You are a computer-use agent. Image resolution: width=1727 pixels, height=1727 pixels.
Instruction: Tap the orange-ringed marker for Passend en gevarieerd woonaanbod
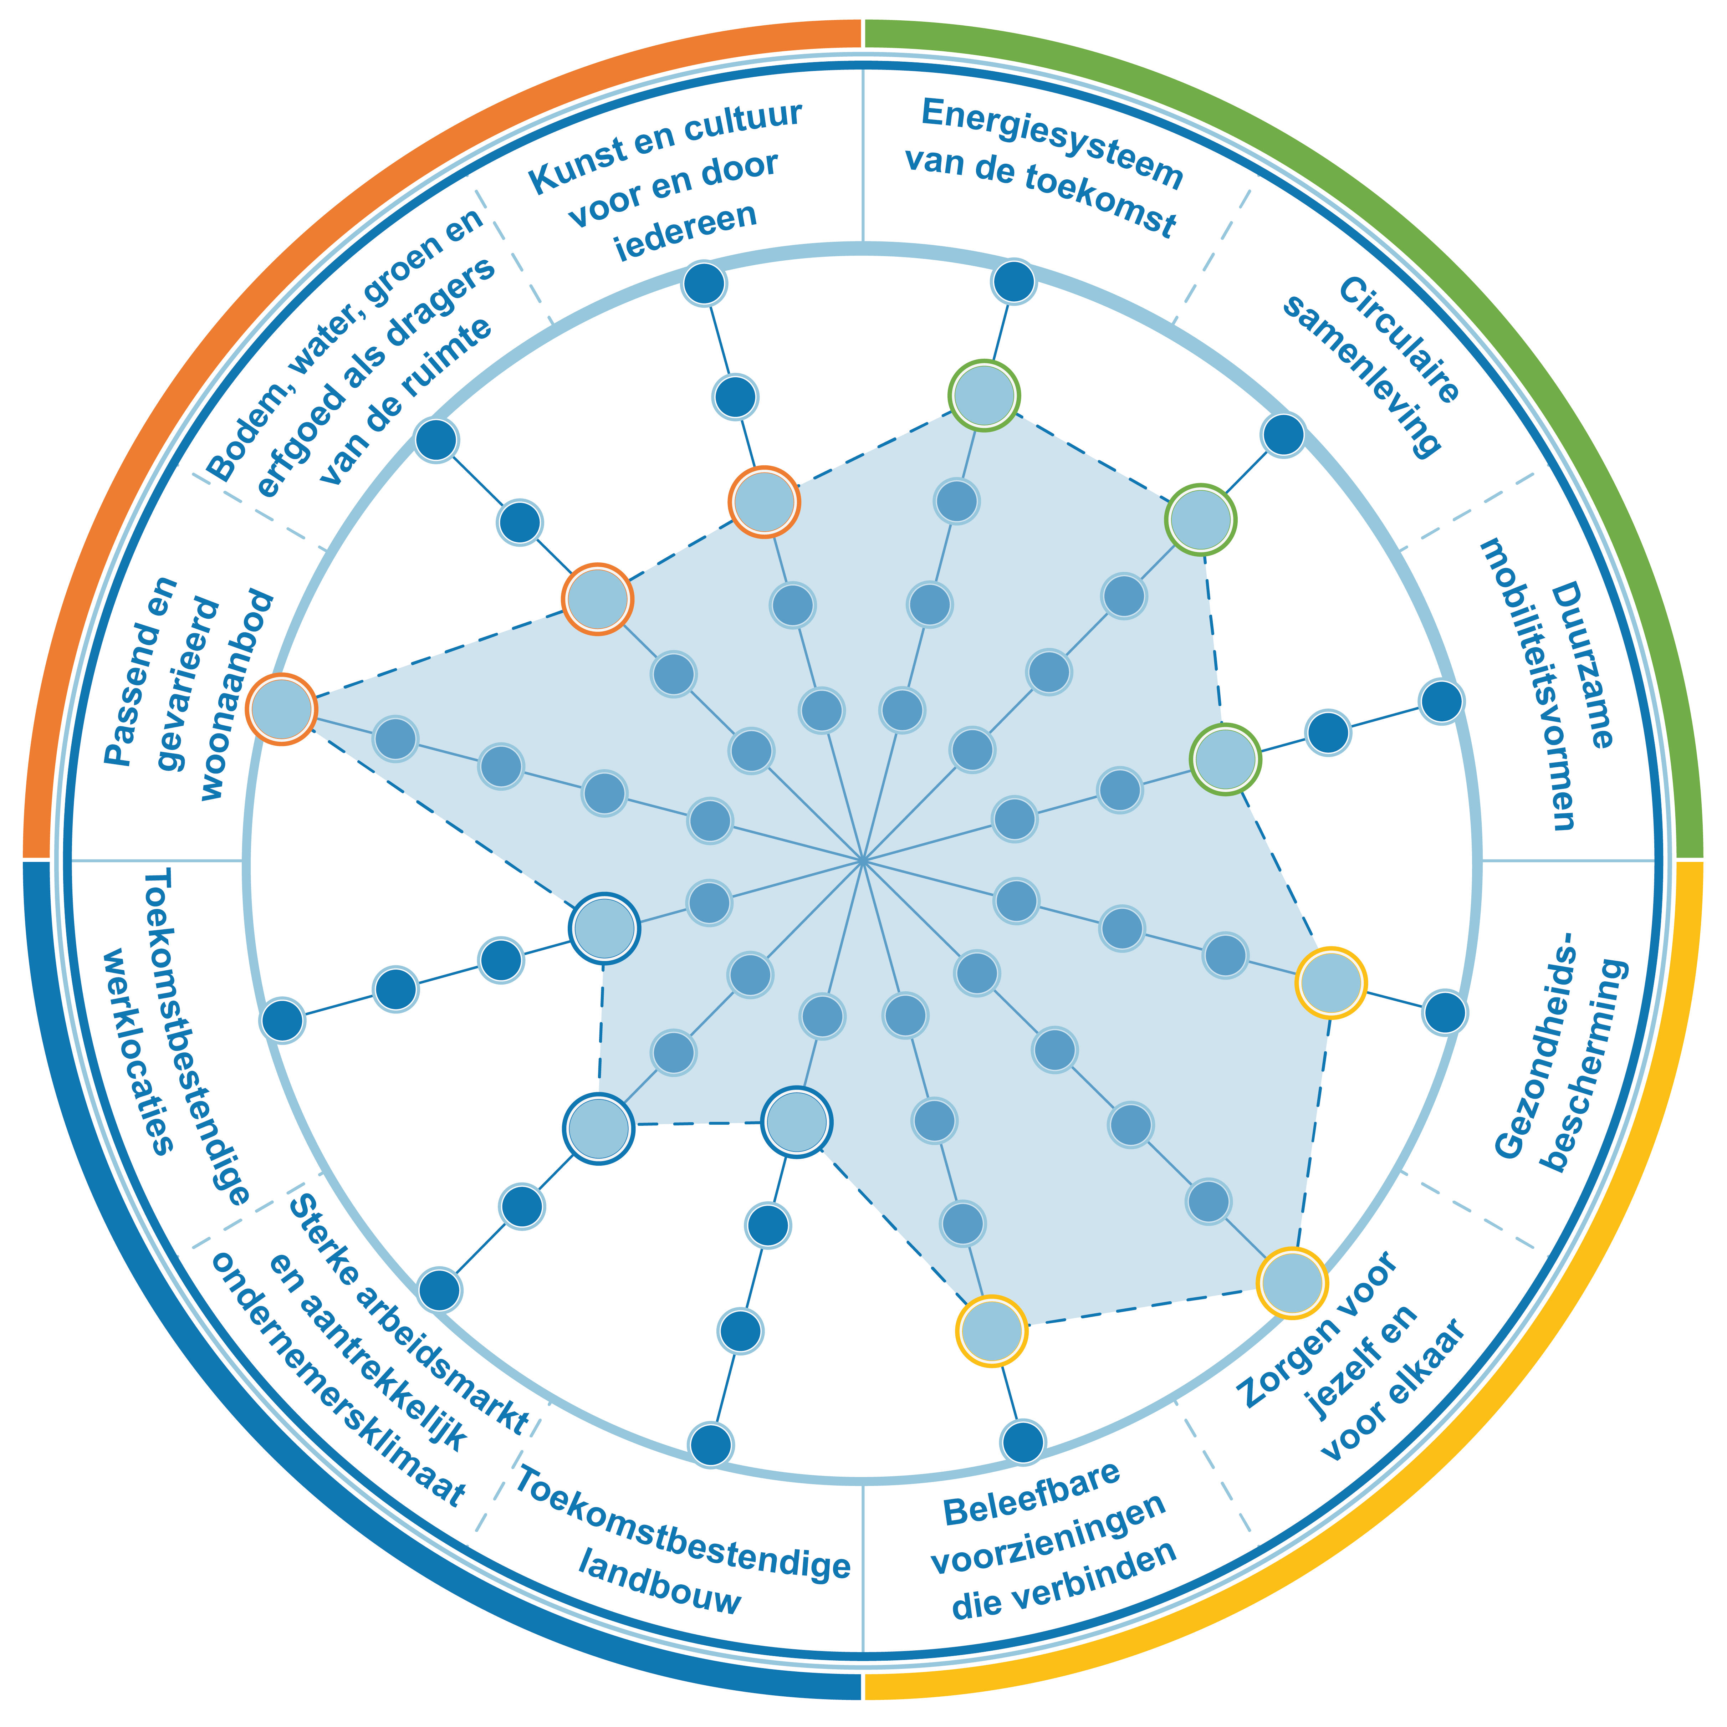[x=282, y=709]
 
